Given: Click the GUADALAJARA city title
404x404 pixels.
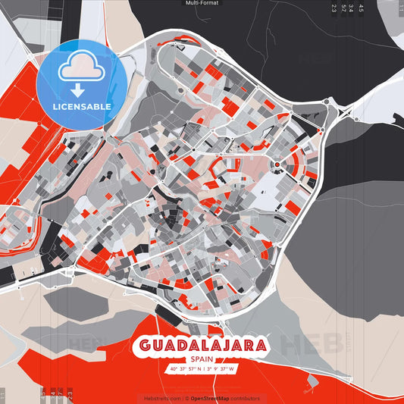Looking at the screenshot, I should pos(202,346).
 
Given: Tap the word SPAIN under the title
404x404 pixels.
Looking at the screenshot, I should pos(202,359).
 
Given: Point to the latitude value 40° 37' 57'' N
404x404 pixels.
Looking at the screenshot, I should pos(186,369).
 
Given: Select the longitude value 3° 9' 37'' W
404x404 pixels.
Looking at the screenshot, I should pos(221,369).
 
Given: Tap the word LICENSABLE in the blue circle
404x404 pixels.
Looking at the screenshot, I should pos(81,106).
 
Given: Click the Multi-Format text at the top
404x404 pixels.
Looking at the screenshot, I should pos(202,3).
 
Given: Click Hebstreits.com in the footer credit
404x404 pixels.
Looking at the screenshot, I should pos(161,398).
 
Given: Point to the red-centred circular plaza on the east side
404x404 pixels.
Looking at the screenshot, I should pos(277,164).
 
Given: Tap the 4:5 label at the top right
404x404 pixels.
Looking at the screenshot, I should pos(361,8).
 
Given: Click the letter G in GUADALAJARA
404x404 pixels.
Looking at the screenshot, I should pos(143,346).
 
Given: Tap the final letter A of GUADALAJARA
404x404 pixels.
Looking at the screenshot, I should pos(261,346).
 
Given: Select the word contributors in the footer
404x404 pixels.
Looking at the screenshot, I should pos(245,398).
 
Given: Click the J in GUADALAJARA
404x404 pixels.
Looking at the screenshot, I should pos(224,346).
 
